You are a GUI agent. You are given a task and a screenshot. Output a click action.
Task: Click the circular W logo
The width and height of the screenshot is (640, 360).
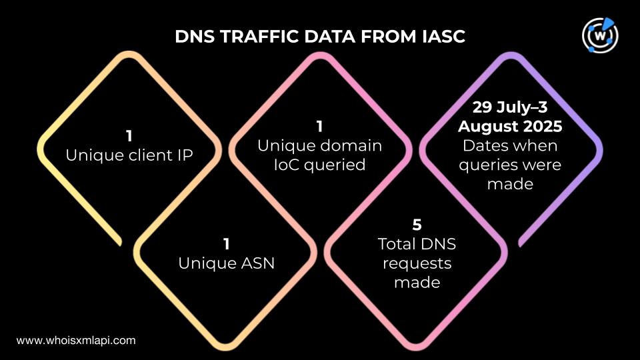(x=600, y=35)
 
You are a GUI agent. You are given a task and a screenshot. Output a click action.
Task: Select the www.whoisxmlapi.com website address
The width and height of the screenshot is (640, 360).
(x=76, y=341)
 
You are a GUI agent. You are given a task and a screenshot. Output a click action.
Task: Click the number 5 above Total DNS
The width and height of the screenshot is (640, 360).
(x=417, y=225)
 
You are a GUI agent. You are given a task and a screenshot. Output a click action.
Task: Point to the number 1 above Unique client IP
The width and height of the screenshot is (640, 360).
(x=129, y=136)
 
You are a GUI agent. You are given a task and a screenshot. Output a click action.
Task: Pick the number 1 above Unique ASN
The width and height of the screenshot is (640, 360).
(x=226, y=244)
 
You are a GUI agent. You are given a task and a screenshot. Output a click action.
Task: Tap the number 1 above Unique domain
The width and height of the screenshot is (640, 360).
(x=319, y=127)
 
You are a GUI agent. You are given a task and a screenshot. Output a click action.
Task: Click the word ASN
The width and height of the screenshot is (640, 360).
(x=257, y=263)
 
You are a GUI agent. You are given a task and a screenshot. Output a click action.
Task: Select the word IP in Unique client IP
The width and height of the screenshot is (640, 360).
(x=185, y=155)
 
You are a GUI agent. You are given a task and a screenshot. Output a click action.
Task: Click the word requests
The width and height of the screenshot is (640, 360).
(x=417, y=264)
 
